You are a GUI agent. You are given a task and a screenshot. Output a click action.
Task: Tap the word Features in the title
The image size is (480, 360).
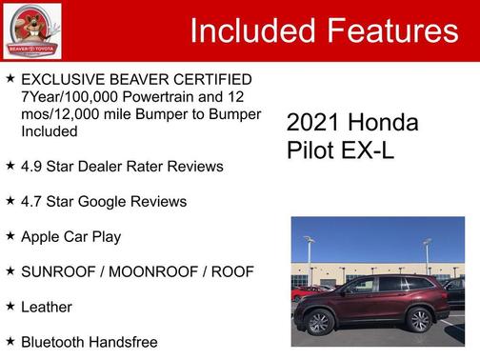coord(386,30)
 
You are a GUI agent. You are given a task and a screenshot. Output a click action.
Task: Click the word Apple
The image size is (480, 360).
coord(43,236)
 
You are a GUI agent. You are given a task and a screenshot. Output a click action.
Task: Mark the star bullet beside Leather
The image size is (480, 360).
coord(10,306)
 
